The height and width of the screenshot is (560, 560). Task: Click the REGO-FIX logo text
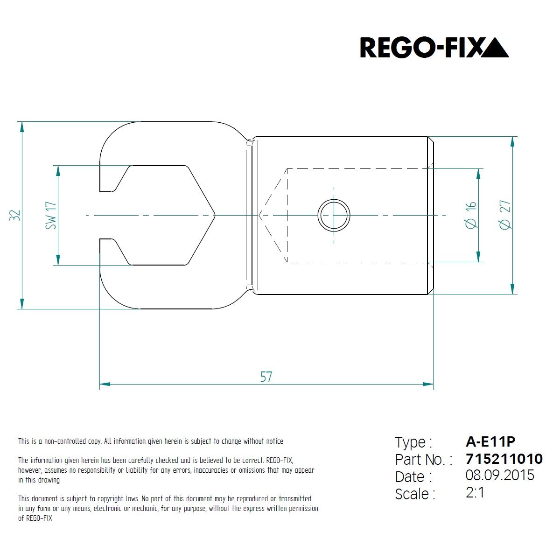tap(420, 48)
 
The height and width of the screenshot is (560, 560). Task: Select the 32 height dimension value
tap(15, 215)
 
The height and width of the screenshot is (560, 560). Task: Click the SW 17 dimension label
tap(51, 215)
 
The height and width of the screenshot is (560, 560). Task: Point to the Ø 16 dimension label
tap(471, 215)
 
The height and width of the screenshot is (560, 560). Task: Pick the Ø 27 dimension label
tap(505, 215)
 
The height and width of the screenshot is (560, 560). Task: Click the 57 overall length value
tap(266, 377)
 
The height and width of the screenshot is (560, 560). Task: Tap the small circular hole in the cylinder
tap(334, 215)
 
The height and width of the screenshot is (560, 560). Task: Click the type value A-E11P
tap(490, 442)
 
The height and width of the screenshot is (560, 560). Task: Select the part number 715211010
tap(504, 459)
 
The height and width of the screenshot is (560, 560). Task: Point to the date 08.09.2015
tap(500, 476)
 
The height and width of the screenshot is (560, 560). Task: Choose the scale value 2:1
tap(475, 493)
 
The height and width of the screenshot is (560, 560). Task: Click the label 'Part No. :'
tap(424, 460)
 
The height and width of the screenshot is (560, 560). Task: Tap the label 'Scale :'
tap(415, 494)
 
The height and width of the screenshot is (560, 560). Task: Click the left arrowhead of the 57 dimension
tap(105, 384)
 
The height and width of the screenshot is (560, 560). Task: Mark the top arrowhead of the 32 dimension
tap(22, 127)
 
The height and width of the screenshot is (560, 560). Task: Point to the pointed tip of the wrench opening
tap(215, 215)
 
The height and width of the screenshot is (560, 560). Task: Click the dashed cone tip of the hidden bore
tap(259, 215)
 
